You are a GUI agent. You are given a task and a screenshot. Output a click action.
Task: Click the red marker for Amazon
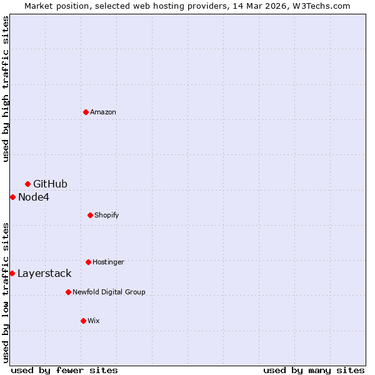coord(86,112)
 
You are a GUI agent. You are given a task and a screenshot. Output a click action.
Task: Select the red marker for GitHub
coord(27,184)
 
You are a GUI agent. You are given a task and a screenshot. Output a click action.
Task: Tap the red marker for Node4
coord(12,197)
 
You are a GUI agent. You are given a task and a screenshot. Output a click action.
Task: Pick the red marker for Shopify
coord(90,215)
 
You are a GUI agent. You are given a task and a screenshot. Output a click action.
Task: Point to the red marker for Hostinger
coord(88,262)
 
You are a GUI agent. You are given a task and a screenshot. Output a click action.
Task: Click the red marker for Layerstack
coord(12,273)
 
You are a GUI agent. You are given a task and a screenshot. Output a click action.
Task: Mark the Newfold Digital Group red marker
coord(68,292)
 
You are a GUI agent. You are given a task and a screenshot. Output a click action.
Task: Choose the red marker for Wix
coord(83,321)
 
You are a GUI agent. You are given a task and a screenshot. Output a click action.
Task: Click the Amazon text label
coord(103,112)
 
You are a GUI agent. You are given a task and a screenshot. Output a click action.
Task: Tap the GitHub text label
coord(50,184)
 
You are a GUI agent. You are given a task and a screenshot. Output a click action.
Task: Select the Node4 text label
coord(34,197)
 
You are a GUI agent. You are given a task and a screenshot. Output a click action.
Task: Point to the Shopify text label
coord(107,216)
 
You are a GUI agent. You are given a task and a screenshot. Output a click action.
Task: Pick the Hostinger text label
coord(109,262)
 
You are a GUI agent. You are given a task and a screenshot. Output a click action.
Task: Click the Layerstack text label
coord(44,274)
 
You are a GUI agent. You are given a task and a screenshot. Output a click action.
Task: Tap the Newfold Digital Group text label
coord(109,292)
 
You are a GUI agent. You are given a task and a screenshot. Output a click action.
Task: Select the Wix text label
coord(94,321)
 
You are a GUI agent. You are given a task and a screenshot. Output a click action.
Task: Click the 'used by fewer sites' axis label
coord(64,370)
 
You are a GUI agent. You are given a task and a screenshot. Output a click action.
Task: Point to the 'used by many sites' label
coord(314,370)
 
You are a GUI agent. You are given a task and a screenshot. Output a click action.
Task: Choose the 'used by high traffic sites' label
coord(6,89)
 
